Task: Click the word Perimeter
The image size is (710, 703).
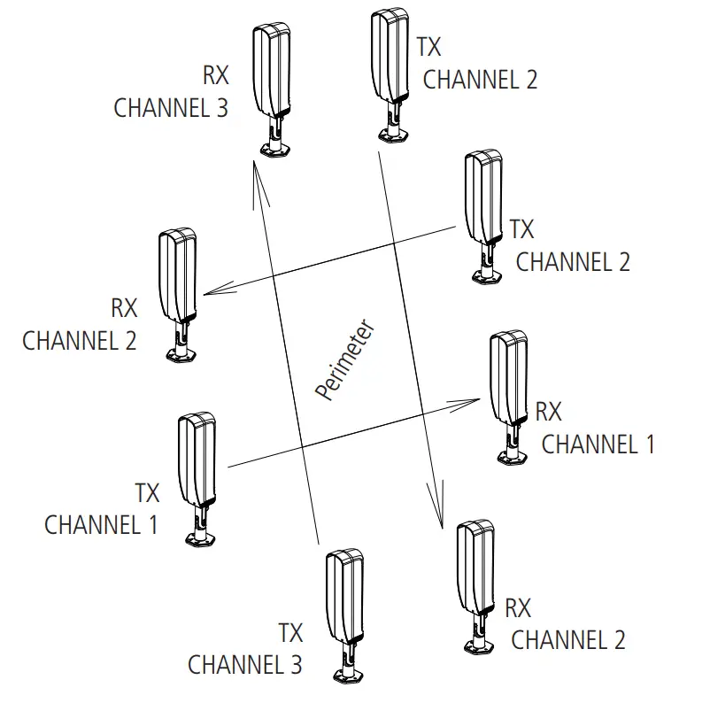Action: tap(347, 361)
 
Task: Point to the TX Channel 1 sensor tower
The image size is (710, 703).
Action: tap(196, 460)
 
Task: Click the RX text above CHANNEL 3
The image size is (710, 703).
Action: tap(215, 75)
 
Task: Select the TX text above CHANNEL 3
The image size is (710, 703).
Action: tap(290, 633)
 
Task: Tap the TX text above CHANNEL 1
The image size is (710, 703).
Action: tap(147, 492)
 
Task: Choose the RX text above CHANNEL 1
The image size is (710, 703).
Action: tap(549, 412)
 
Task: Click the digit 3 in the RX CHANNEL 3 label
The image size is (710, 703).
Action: tap(220, 108)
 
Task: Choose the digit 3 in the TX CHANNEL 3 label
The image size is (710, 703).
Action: tap(295, 664)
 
